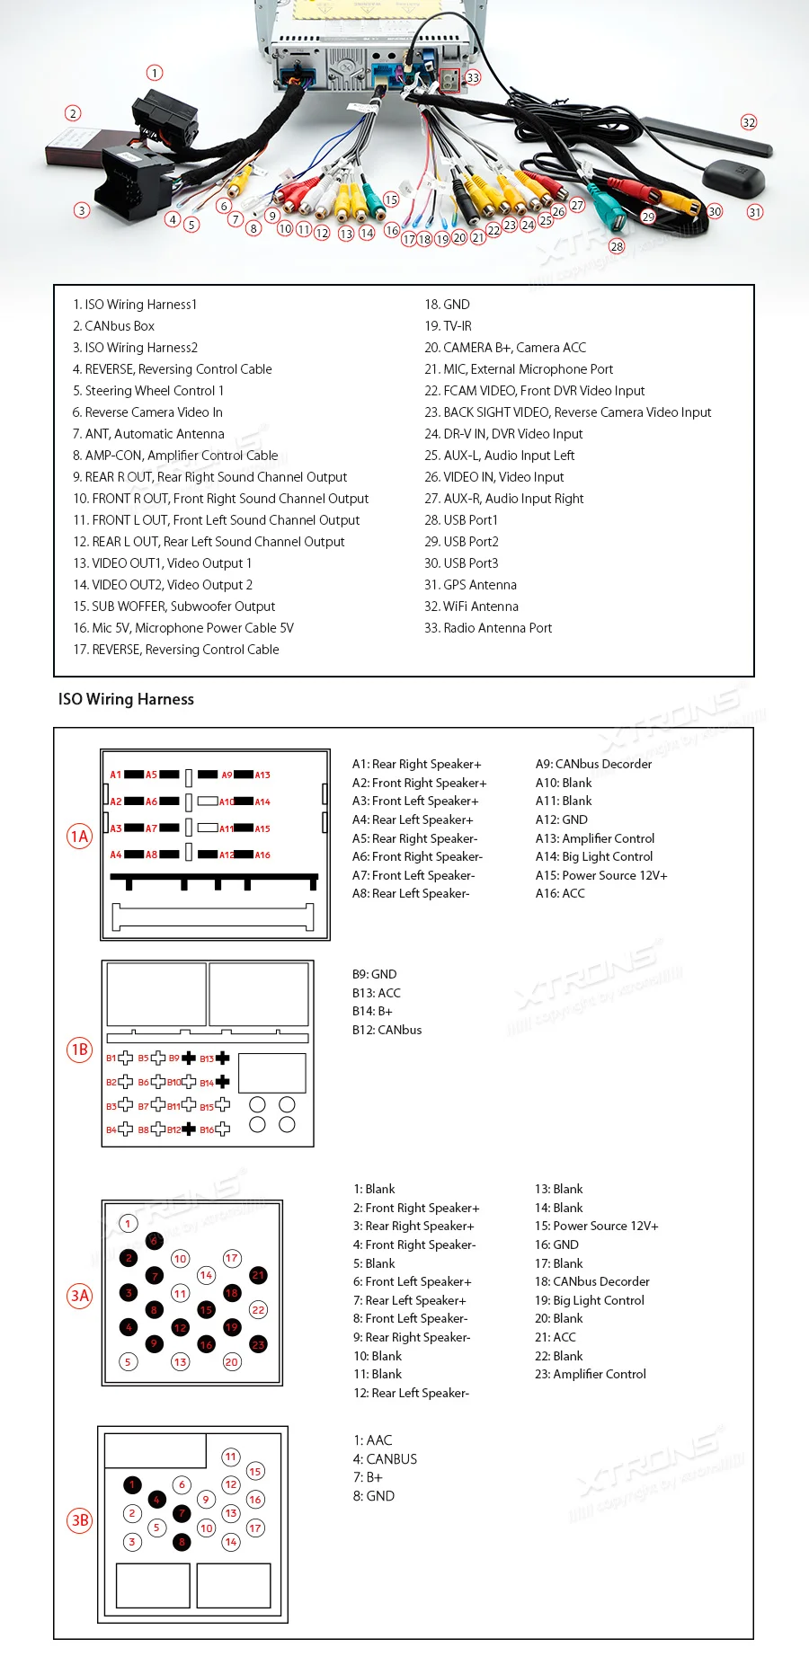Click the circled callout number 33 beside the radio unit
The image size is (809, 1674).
tap(473, 77)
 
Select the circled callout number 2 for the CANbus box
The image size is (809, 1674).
tap(73, 113)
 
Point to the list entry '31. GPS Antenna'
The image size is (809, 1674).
tap(470, 585)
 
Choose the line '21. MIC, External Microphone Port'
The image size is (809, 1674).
tap(519, 369)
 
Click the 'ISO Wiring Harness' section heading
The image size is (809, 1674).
tap(126, 699)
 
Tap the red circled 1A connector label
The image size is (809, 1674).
tap(79, 837)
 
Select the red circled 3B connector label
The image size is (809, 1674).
tap(79, 1520)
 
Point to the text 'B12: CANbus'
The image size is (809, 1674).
tap(387, 1030)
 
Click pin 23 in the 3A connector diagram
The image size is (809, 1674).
tap(258, 1345)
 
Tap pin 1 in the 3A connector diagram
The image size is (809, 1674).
tap(128, 1223)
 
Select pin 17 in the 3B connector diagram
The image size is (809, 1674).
tap(255, 1528)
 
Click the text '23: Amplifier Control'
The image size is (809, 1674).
tap(590, 1374)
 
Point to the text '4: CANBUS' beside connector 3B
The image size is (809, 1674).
tap(385, 1459)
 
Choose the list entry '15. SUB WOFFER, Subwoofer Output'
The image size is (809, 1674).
tap(174, 607)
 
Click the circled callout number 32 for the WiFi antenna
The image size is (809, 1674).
tap(749, 122)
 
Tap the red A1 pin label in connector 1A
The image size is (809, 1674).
tap(115, 775)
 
